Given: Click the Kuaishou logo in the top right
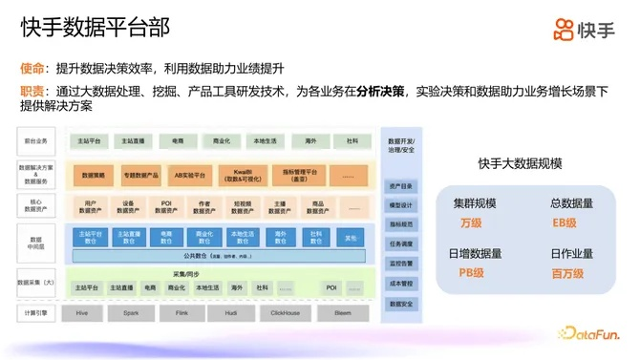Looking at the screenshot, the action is point(584,30).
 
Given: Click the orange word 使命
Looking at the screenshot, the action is point(32,69).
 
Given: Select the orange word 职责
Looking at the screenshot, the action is point(32,92).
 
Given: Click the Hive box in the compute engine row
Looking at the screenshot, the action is point(81,312).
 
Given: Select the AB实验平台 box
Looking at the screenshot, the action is point(183,175).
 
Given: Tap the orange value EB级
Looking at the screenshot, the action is point(564,222).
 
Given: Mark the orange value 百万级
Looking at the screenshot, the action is point(564,272).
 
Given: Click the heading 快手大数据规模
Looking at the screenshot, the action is point(517,163).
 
